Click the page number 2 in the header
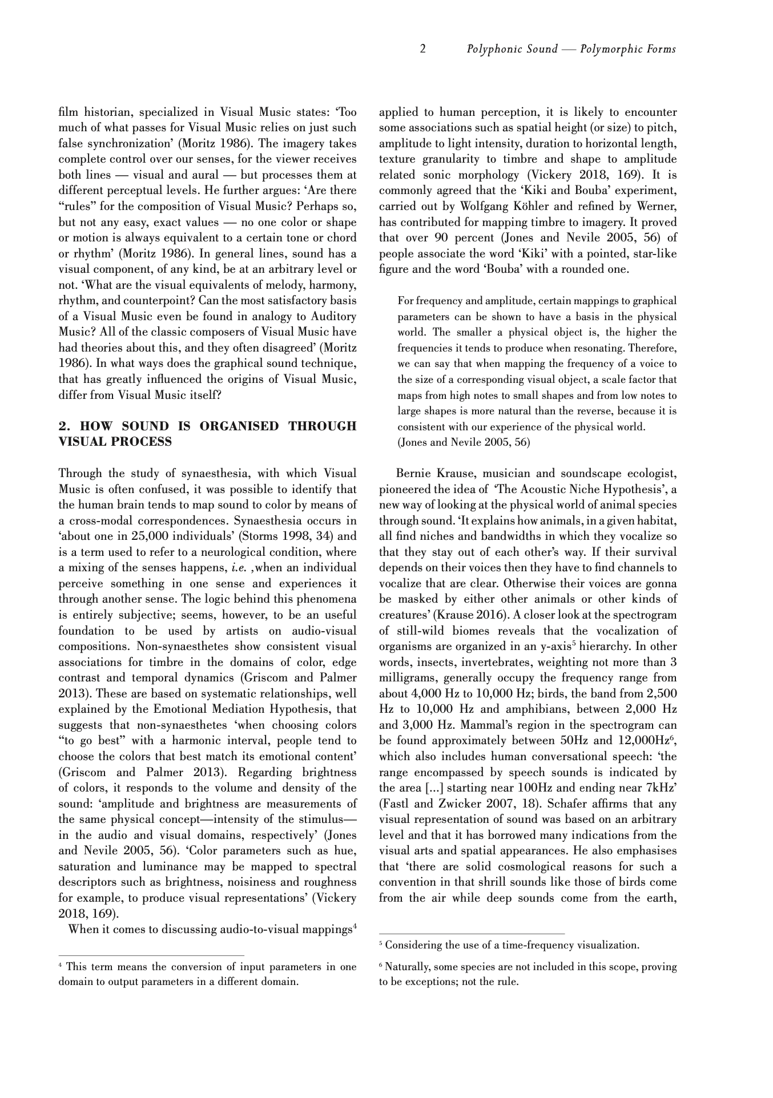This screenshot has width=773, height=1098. tap(422, 49)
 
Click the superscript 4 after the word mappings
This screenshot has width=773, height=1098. tap(355, 927)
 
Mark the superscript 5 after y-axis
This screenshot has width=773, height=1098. tap(574, 644)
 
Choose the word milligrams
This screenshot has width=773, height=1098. tap(408, 678)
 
